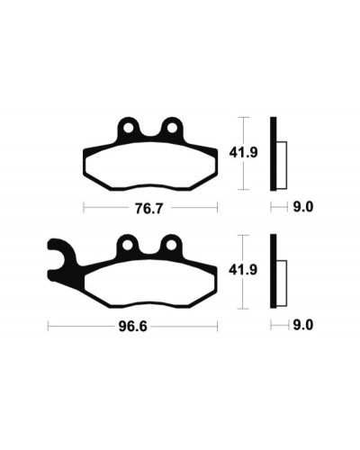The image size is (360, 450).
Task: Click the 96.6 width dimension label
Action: tap(133, 327)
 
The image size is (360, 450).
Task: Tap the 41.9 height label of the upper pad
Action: tap(243, 153)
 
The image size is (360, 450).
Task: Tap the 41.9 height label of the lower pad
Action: tap(243, 270)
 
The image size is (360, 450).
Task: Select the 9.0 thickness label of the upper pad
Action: tap(303, 207)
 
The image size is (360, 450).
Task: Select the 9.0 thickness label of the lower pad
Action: tap(303, 325)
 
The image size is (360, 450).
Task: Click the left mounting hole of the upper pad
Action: tap(128, 128)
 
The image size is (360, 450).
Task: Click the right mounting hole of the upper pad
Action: tap(172, 128)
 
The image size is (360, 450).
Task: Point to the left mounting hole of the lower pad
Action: tap(128, 245)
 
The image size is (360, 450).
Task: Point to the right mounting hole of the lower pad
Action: tap(171, 245)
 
